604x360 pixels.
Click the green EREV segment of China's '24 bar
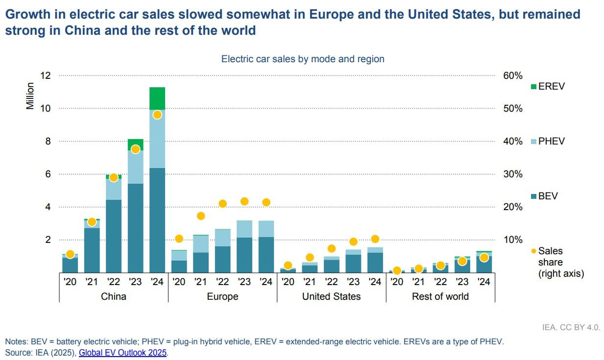click(x=157, y=98)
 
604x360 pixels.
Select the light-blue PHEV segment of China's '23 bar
click(x=135, y=167)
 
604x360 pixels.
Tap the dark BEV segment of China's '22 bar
click(x=114, y=236)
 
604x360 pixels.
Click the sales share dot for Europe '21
click(x=201, y=216)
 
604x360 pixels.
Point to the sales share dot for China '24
click(x=157, y=115)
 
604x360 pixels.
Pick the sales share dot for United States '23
click(x=353, y=241)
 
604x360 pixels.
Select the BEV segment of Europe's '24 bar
click(x=266, y=255)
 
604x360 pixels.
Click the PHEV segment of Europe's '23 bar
click(x=244, y=229)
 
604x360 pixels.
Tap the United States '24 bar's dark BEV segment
click(x=375, y=263)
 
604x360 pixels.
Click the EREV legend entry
click(x=548, y=86)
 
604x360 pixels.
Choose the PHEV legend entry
click(x=548, y=141)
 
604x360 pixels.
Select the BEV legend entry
click(x=544, y=196)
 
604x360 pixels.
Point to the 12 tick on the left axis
click(x=45, y=75)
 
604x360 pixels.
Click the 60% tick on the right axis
click(x=513, y=75)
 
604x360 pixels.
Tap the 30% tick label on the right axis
click(x=513, y=174)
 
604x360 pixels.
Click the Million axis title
click(x=30, y=96)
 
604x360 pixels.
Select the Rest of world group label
click(x=440, y=296)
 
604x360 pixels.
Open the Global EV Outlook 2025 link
click(x=122, y=353)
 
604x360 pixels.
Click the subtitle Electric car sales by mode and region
click(x=303, y=59)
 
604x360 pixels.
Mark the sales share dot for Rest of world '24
click(x=484, y=258)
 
